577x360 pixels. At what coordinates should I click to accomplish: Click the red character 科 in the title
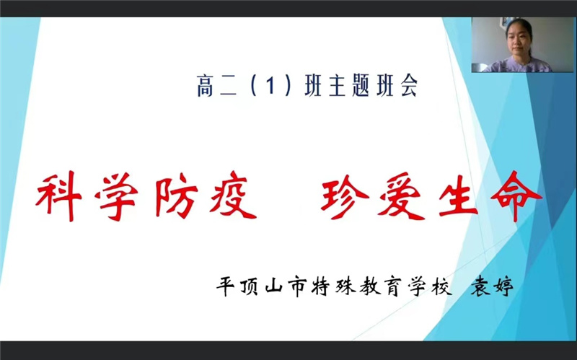pyautogui.click(x=60, y=196)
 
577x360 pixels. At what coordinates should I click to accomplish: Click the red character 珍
pyautogui.click(x=347, y=196)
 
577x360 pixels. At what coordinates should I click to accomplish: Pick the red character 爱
pyautogui.click(x=404, y=196)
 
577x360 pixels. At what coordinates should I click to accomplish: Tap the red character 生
pyautogui.click(x=460, y=196)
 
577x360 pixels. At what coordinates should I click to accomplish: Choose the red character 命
pyautogui.click(x=516, y=195)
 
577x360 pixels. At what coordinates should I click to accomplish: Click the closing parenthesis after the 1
pyautogui.click(x=287, y=89)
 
